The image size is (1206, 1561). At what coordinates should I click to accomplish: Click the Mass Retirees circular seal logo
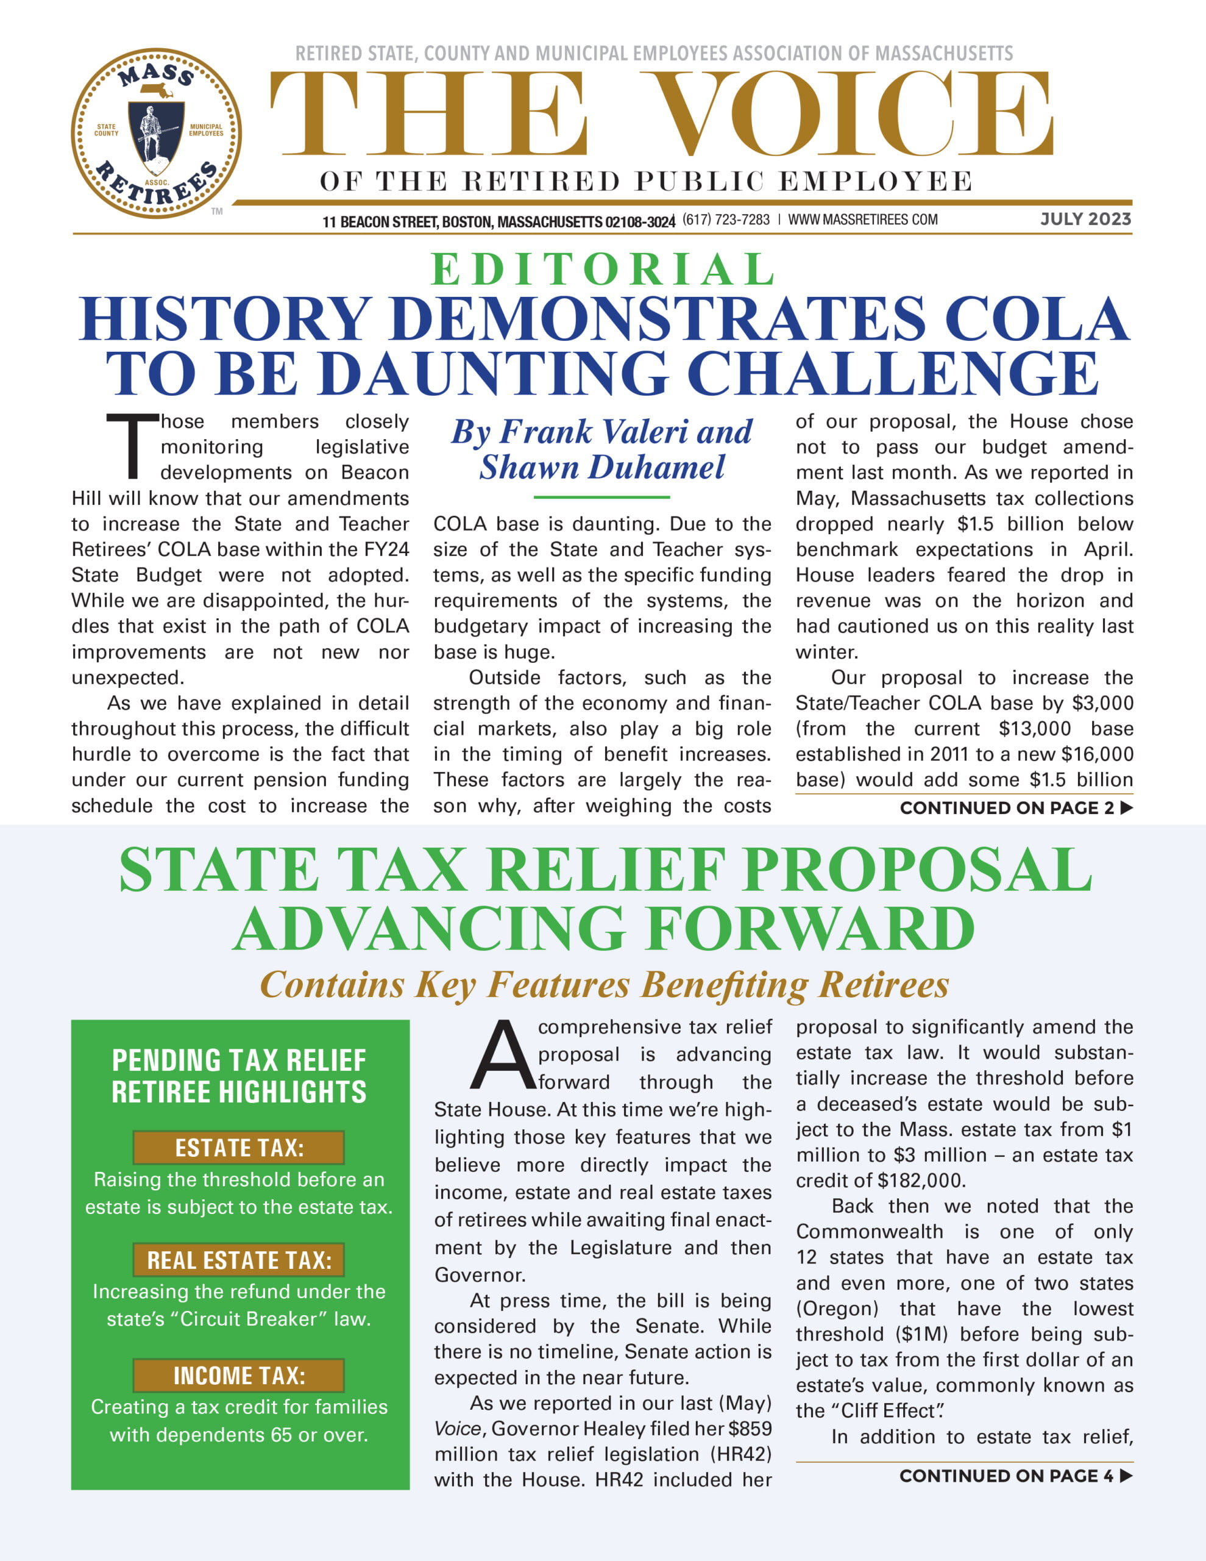(x=156, y=134)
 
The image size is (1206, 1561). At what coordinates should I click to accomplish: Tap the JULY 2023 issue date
(x=1085, y=219)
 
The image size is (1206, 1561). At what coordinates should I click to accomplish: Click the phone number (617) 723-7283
(x=726, y=220)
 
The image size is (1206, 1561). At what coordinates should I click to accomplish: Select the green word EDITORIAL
(x=603, y=270)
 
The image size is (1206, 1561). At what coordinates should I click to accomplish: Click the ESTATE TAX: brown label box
(x=239, y=1147)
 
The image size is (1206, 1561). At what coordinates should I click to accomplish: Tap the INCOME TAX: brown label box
(x=239, y=1376)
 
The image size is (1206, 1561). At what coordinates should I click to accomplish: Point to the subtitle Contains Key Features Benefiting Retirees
(x=604, y=984)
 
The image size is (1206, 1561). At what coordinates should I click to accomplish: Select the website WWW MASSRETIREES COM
(x=862, y=220)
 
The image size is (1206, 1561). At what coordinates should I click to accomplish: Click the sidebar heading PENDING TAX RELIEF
(x=239, y=1060)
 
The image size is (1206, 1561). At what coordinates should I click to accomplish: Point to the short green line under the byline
(x=601, y=497)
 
